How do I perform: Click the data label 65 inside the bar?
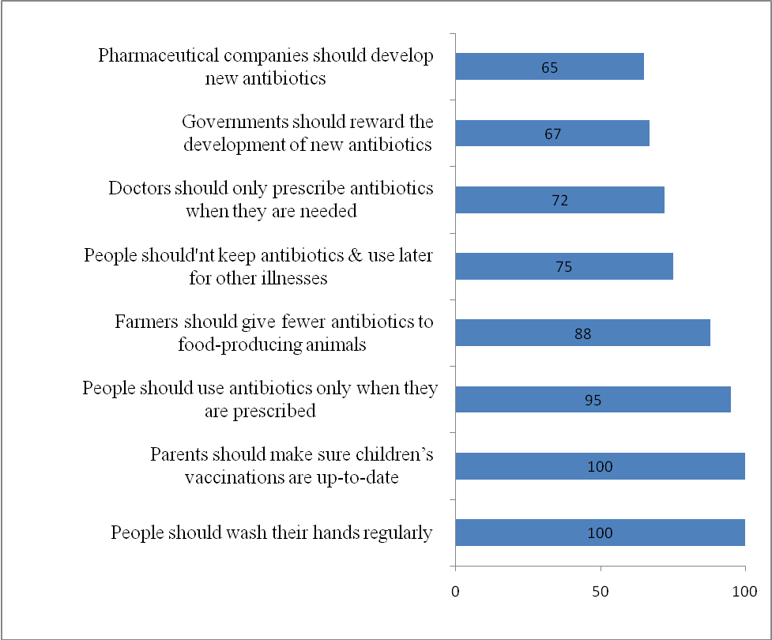(x=550, y=67)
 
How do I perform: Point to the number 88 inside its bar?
(x=582, y=333)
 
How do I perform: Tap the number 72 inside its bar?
(x=559, y=201)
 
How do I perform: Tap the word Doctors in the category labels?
(x=139, y=190)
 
